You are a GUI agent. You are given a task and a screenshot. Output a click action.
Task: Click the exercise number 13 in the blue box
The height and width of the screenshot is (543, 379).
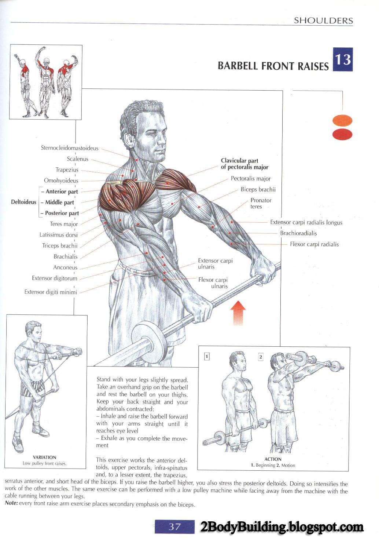[x=343, y=59]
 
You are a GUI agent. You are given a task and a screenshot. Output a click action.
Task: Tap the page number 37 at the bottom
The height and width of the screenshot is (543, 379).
[x=174, y=526]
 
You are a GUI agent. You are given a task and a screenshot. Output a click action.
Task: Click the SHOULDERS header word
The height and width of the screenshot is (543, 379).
[x=323, y=21]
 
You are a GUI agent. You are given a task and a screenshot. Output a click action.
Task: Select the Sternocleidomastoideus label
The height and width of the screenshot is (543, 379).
[x=70, y=148]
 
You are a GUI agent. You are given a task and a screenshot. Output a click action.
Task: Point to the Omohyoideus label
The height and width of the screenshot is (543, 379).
[x=61, y=181]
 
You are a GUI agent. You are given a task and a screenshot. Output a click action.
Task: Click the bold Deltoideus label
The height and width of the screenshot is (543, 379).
[x=23, y=202]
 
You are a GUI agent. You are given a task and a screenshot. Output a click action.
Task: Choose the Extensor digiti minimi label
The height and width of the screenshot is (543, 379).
[x=51, y=292]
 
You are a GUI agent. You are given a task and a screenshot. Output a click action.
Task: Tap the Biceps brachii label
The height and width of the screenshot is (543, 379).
[x=258, y=190]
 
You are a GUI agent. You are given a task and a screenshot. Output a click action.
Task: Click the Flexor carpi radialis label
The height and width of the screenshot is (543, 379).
[x=314, y=244]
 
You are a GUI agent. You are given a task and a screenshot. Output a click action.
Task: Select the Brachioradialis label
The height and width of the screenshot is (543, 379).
[x=298, y=233]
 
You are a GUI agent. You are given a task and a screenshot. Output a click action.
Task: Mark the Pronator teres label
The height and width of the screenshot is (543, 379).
[x=261, y=203]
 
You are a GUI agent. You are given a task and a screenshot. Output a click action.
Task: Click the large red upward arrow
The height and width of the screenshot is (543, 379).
[x=238, y=313]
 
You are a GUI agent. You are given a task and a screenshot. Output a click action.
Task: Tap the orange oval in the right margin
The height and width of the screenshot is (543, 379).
[x=342, y=120]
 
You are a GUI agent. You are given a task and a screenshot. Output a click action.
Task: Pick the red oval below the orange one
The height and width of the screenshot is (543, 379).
[x=342, y=134]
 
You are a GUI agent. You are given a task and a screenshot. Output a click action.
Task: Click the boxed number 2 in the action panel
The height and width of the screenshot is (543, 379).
[x=261, y=357]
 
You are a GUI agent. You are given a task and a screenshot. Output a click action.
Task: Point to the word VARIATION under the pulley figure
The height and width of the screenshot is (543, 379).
[x=45, y=458]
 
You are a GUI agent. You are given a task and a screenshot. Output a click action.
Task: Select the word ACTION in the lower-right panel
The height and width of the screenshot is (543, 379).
[x=273, y=459]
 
